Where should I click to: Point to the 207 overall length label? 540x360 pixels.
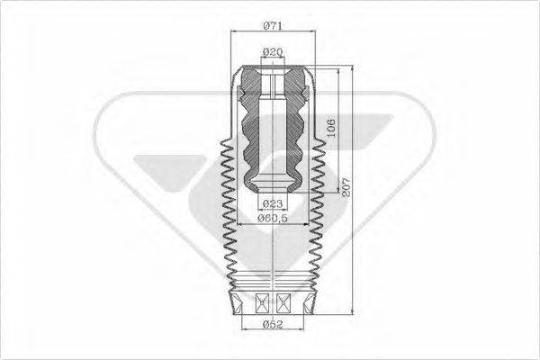point(344,187)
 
